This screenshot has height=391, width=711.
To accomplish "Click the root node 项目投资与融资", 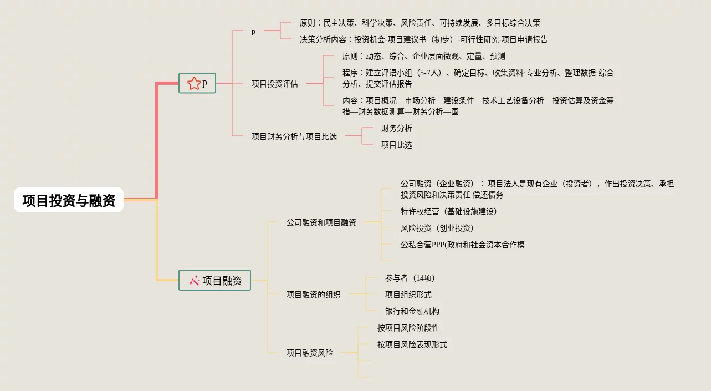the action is click(x=69, y=200).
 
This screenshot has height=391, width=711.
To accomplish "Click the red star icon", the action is click(x=194, y=84).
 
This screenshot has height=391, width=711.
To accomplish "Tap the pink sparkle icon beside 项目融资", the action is click(x=194, y=281).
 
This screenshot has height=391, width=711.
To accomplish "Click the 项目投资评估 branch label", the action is click(x=274, y=84).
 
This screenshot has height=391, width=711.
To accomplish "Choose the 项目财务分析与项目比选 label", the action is click(x=294, y=136).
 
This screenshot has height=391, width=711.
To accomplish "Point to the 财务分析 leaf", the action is click(x=396, y=128).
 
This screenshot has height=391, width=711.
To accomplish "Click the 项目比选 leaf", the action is click(x=396, y=145).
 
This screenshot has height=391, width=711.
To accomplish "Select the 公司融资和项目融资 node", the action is click(x=321, y=222).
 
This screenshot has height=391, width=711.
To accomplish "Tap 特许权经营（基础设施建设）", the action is click(x=449, y=211).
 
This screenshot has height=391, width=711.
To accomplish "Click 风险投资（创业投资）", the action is click(x=437, y=228).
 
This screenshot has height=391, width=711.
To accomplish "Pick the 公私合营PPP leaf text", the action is click(x=462, y=245).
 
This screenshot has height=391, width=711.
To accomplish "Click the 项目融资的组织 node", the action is click(x=313, y=294).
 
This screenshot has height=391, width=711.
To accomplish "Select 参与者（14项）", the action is click(x=410, y=278).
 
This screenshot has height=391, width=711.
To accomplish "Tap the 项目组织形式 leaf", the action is click(x=408, y=294).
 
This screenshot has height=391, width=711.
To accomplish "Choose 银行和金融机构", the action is click(x=412, y=311).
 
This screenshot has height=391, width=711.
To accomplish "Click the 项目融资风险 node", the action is click(x=309, y=353).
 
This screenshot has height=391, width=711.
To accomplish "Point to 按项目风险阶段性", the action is click(x=408, y=328).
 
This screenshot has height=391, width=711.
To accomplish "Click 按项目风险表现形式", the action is click(x=412, y=344).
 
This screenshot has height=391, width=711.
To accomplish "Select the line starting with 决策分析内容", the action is click(x=423, y=39).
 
